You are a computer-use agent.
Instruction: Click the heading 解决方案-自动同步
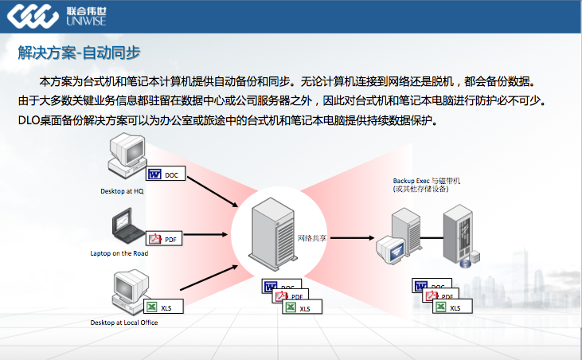[x=80, y=53]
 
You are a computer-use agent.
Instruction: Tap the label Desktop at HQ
[x=122, y=191]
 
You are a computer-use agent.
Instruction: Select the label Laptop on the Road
[x=119, y=253]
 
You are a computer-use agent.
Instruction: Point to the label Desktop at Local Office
[x=124, y=322]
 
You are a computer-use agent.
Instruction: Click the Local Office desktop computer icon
[x=128, y=292]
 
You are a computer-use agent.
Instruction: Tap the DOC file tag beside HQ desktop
[x=164, y=174]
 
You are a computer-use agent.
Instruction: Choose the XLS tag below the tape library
[x=452, y=307]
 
